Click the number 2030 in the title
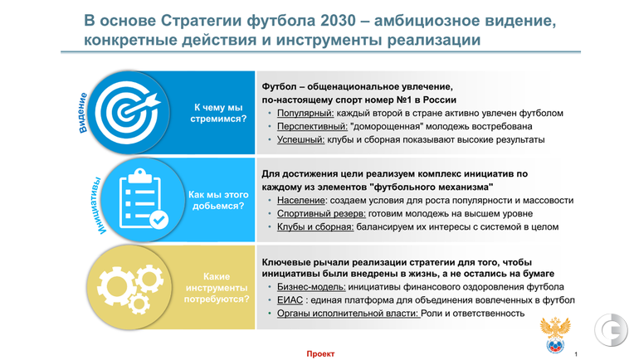point(338,21)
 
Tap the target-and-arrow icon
point(128,112)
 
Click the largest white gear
point(116,285)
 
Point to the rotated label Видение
point(82,113)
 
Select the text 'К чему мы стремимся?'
point(218,113)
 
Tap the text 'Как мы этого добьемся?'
point(218,201)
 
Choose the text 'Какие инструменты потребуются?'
point(217,288)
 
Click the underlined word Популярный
point(305,113)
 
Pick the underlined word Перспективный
point(312,126)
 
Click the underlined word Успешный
point(300,139)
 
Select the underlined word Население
point(301,201)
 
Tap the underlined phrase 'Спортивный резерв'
point(321,213)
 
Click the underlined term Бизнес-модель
point(311,287)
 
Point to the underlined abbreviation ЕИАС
point(290,300)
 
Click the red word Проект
point(320,354)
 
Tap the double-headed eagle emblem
point(555,335)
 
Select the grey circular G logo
point(611,330)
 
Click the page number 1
point(576,354)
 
